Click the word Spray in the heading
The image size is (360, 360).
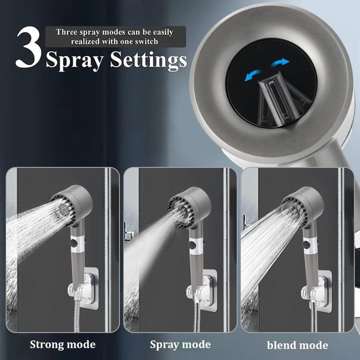click(x=77, y=60)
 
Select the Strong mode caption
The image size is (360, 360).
click(x=63, y=345)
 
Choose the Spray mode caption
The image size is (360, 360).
click(x=180, y=345)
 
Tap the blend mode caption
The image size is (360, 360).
click(x=297, y=345)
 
